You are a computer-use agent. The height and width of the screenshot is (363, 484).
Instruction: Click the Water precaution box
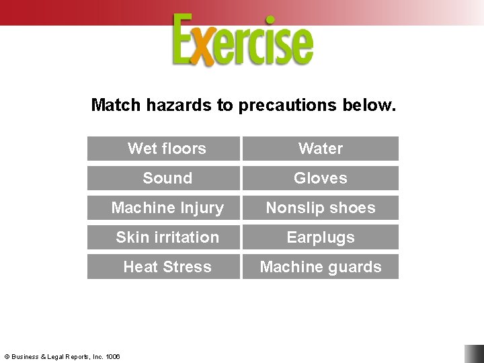[321, 149]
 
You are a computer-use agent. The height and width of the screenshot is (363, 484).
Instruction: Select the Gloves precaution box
[321, 178]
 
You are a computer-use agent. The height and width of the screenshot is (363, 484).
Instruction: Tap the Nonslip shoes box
[321, 208]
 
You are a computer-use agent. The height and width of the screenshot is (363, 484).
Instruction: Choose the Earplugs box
[321, 237]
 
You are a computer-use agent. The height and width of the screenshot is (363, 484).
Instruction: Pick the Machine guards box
[321, 267]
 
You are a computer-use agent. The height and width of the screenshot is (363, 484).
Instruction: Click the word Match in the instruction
[116, 106]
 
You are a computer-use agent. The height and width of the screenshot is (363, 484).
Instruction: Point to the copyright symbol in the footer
[6, 357]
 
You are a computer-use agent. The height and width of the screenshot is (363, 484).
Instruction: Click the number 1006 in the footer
[112, 357]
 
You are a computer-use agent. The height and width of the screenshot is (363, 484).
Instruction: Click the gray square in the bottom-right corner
[473, 354]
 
